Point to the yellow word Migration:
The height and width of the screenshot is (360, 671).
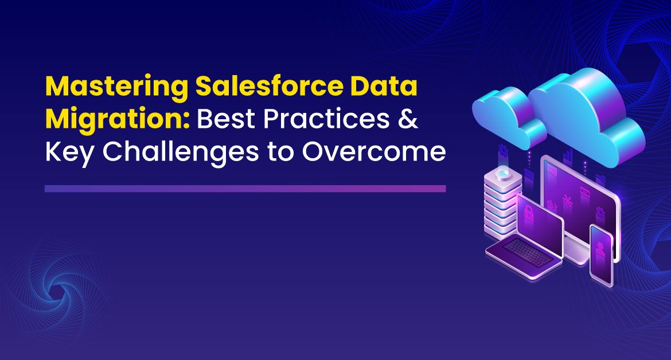pyautogui.click(x=117, y=120)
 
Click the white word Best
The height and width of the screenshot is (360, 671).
pyautogui.click(x=226, y=119)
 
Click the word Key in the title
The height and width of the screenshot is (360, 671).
pyautogui.click(x=69, y=152)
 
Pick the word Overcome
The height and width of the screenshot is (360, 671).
pyautogui.click(x=374, y=152)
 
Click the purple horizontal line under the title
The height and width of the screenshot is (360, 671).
pyautogui.click(x=245, y=189)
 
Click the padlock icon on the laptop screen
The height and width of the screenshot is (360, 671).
pyautogui.click(x=529, y=213)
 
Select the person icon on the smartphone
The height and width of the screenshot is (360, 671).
pyautogui.click(x=600, y=249)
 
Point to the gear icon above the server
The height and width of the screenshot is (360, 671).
pyautogui.click(x=503, y=151)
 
